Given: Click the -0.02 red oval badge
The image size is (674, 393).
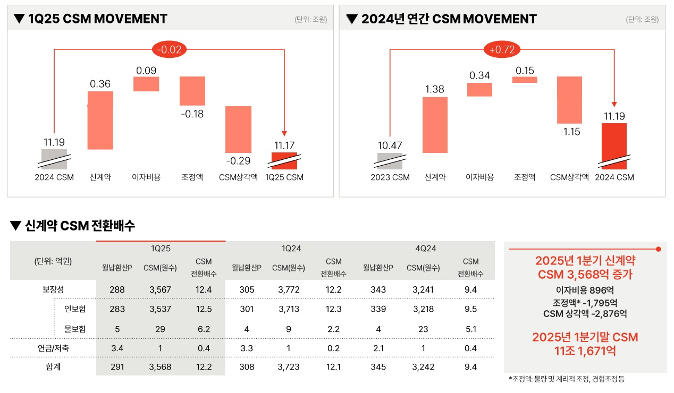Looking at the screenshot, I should (x=169, y=50).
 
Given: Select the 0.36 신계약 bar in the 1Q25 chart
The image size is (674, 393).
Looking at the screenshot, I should (x=100, y=120).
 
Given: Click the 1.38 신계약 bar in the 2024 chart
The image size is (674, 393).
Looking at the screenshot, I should (x=435, y=125).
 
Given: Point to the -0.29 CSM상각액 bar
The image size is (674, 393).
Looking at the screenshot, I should (x=238, y=130).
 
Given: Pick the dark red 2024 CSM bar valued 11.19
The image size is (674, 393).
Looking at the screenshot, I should (x=614, y=146).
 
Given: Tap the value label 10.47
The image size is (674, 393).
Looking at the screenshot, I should (x=390, y=145).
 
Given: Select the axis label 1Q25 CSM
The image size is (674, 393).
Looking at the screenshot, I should (x=284, y=177).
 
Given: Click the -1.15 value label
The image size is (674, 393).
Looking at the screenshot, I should (x=569, y=132).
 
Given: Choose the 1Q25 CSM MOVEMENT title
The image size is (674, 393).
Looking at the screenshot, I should (x=97, y=19).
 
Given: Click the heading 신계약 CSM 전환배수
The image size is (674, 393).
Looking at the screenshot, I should (x=80, y=226).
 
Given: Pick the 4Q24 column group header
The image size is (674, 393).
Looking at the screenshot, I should (x=425, y=248).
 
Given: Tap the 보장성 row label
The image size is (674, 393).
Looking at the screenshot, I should (x=53, y=289).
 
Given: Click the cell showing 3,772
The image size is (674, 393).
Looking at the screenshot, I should (x=289, y=289).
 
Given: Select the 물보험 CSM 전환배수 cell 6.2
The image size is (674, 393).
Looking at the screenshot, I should (x=203, y=329).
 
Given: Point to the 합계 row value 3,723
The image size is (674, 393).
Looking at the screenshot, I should (x=289, y=366).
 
